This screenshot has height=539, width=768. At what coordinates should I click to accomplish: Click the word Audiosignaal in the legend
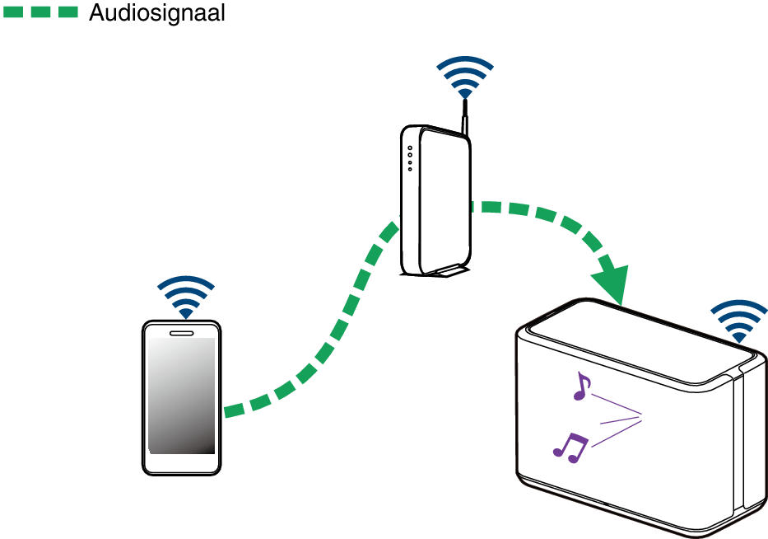click(x=156, y=13)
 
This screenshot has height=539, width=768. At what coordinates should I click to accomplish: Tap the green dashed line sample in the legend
click(x=40, y=12)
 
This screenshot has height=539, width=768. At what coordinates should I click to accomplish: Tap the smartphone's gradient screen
click(x=182, y=395)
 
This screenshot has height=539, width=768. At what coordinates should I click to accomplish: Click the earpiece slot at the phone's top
click(x=181, y=333)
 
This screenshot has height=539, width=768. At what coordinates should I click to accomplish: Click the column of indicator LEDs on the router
click(x=409, y=158)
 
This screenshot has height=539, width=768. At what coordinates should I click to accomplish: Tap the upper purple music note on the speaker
click(x=582, y=386)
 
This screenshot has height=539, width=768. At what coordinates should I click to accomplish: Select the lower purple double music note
click(x=570, y=446)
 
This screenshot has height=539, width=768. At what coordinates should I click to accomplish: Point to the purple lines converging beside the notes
click(x=617, y=421)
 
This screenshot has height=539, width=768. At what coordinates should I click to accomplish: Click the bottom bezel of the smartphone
click(x=181, y=463)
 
